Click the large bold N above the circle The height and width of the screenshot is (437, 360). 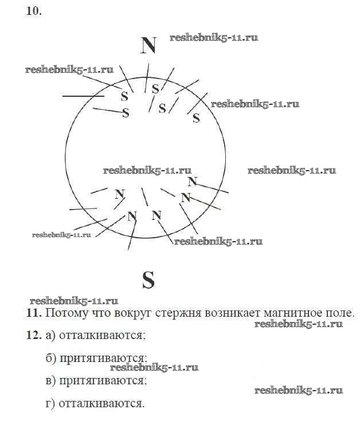pyautogui.click(x=148, y=45)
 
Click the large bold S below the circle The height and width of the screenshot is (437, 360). pyautogui.click(x=148, y=280)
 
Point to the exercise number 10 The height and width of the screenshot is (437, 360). pyautogui.click(x=34, y=11)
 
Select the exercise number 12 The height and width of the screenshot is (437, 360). pyautogui.click(x=34, y=335)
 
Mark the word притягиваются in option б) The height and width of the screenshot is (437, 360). pyautogui.click(x=103, y=358)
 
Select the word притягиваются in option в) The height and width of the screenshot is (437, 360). pyautogui.click(x=103, y=380)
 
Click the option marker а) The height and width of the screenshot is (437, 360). pyautogui.click(x=50, y=335)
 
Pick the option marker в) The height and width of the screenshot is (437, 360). pyautogui.click(x=50, y=380)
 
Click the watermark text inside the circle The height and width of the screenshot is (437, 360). pyautogui.click(x=147, y=171)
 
